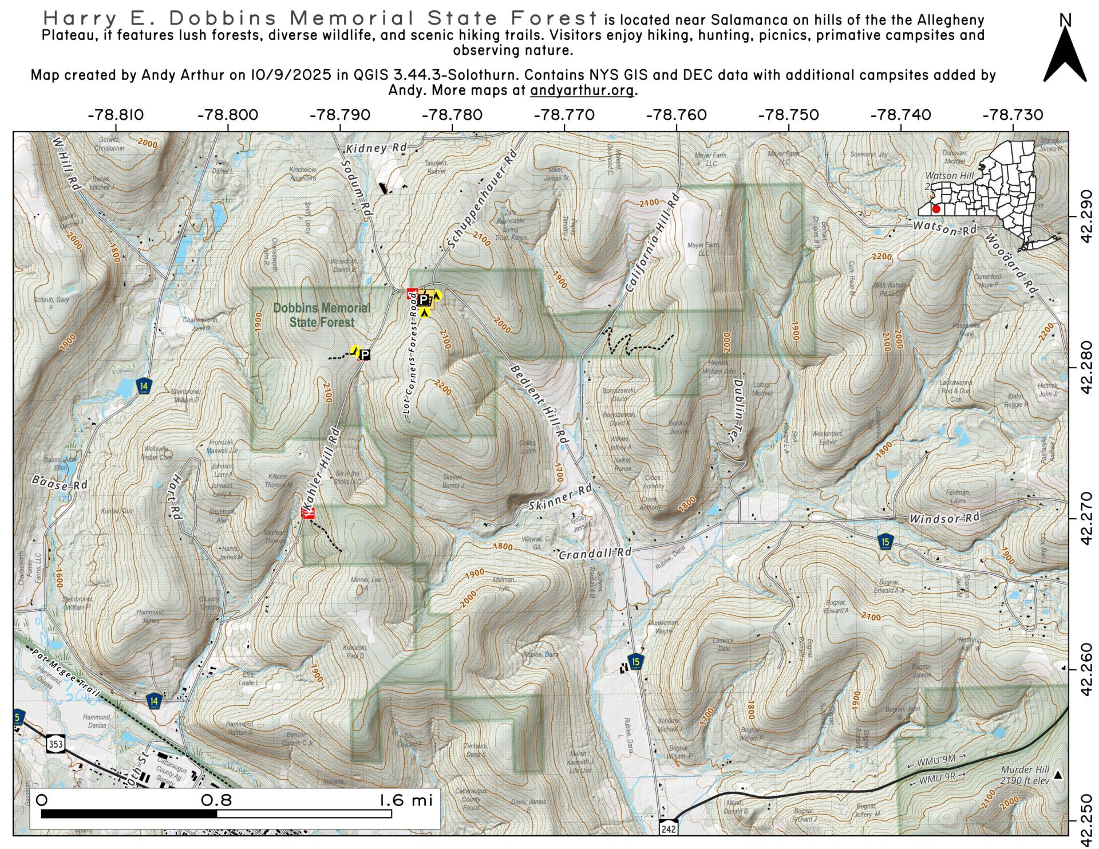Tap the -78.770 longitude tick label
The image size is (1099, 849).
click(564, 115)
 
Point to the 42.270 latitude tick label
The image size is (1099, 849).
click(1088, 518)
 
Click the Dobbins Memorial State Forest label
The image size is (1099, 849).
click(321, 315)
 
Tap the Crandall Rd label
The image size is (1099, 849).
click(594, 554)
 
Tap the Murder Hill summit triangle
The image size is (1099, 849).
click(1058, 775)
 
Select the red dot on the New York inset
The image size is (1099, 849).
click(936, 209)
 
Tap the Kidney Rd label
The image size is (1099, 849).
click(376, 148)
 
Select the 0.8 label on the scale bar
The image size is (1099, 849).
click(216, 800)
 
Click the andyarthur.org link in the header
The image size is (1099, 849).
click(582, 90)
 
